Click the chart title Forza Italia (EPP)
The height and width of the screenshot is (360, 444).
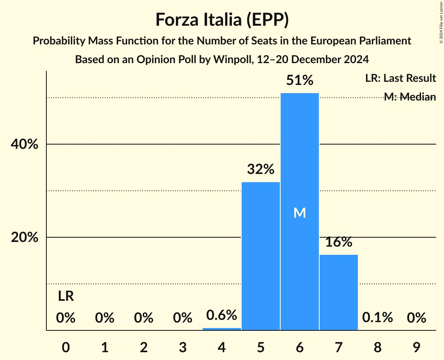tap(222, 19)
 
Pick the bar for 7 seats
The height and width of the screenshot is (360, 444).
tap(339, 292)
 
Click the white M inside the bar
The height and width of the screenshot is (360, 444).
tap(300, 213)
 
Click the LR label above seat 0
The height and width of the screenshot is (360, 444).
tap(66, 296)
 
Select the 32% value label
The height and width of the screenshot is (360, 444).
tap(261, 169)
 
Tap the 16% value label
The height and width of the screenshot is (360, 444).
tap(339, 242)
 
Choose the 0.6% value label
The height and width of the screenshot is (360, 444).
tap(222, 314)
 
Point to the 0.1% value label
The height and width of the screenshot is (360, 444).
tap(377, 318)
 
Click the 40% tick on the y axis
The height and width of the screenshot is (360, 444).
tap(24, 145)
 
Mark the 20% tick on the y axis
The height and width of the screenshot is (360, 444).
tap(24, 238)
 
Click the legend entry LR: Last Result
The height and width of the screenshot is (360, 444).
tap(400, 78)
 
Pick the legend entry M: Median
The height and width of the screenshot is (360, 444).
tap(409, 97)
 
